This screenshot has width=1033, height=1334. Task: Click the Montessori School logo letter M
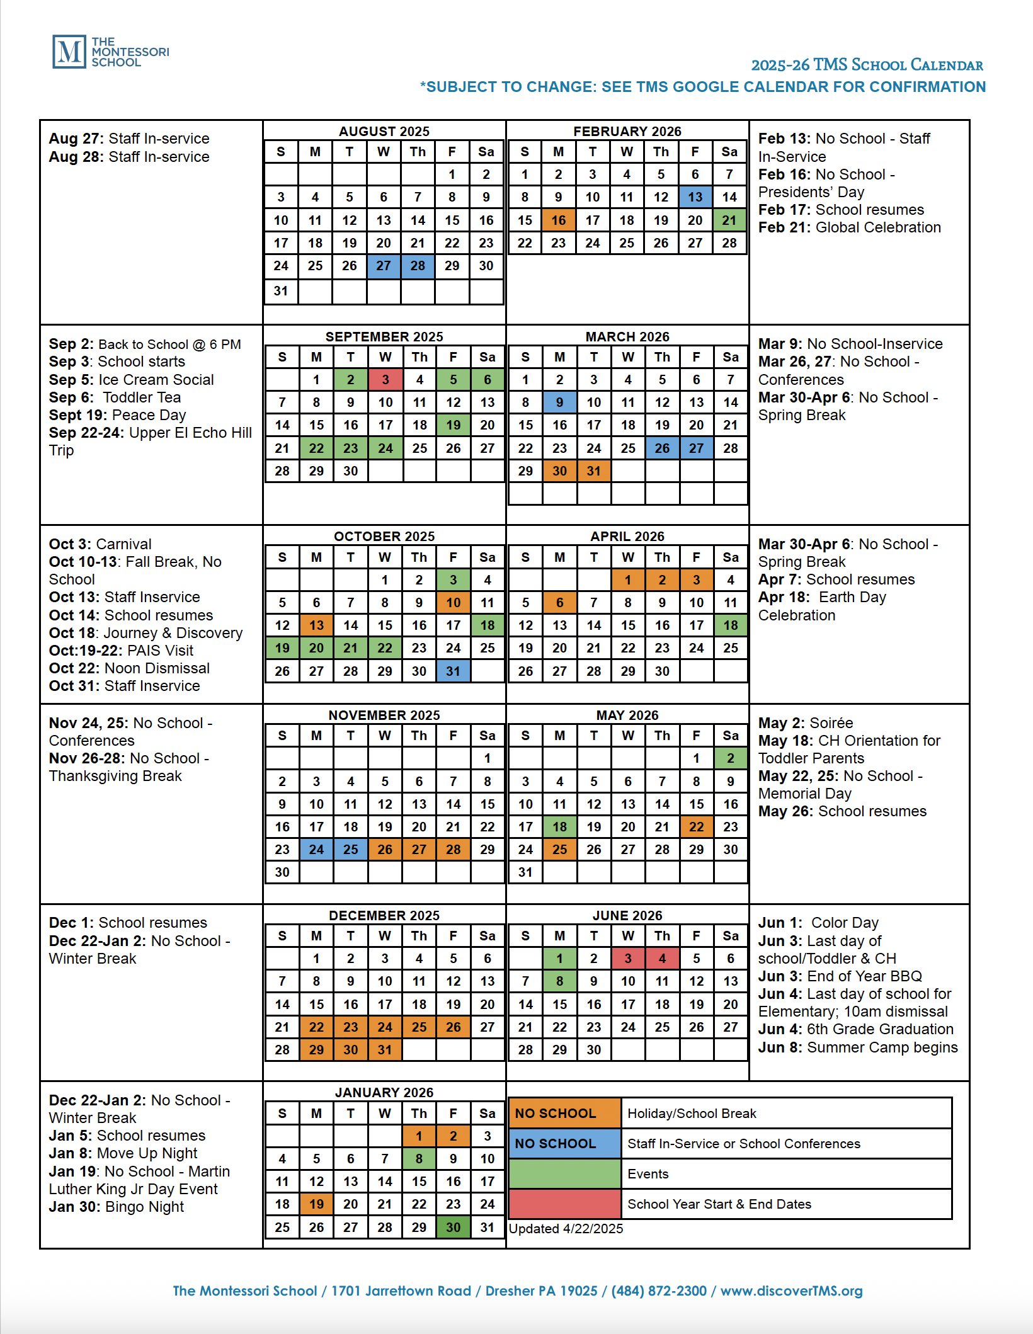(x=69, y=52)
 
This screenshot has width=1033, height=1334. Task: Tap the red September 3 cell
(x=385, y=379)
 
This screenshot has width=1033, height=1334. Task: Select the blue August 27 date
(x=384, y=266)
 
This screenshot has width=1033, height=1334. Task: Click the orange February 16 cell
(x=559, y=220)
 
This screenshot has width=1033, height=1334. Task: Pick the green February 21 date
(x=729, y=220)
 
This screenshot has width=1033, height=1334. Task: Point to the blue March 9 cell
(x=559, y=402)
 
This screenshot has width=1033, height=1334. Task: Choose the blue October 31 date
(x=453, y=671)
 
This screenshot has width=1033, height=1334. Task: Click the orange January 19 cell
(x=316, y=1204)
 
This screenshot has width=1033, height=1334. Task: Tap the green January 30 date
(x=453, y=1227)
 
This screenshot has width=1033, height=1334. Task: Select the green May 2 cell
(x=730, y=758)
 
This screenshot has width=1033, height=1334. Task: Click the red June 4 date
(x=661, y=958)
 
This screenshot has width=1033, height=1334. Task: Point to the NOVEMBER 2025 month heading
(x=384, y=715)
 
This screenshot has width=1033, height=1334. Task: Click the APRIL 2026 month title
(x=627, y=536)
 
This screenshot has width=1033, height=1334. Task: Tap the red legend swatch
(x=564, y=1204)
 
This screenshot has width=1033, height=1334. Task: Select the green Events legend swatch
(x=564, y=1173)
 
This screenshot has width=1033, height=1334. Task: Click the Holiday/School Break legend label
(x=692, y=1113)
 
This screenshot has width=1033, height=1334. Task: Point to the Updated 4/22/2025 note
(x=566, y=1228)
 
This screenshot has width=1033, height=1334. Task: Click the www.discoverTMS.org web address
(x=791, y=1291)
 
